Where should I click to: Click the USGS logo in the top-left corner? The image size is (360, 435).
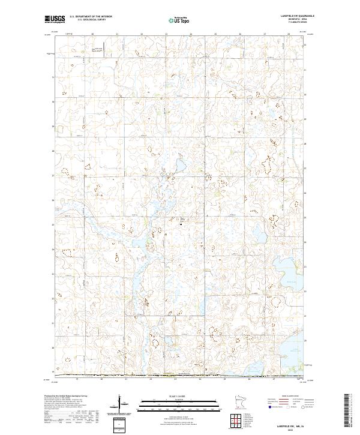pyautogui.click(x=55, y=19)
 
